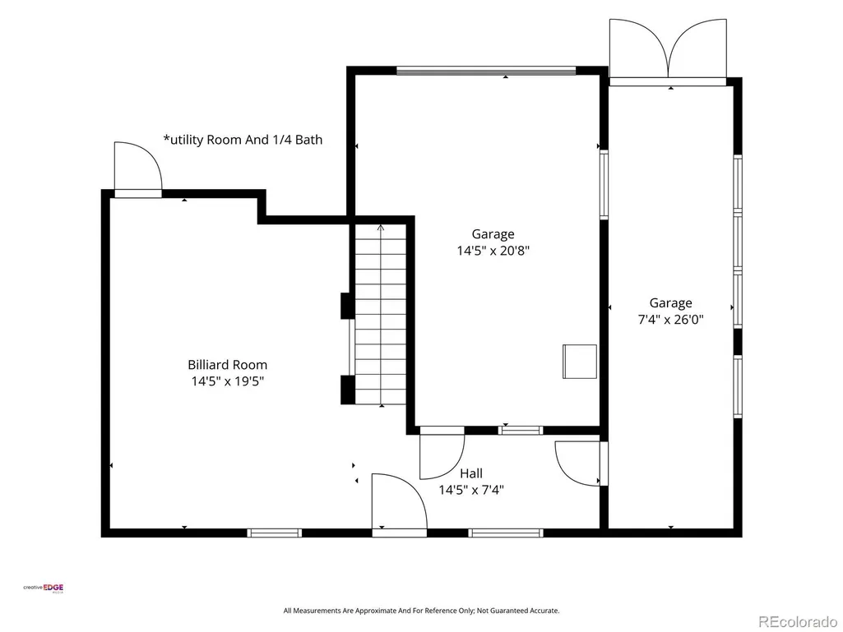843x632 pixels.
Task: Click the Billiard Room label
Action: tap(228, 365)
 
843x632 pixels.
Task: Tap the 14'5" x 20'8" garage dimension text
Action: tap(493, 251)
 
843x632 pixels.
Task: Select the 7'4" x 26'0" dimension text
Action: tap(670, 319)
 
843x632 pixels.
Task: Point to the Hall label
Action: tap(471, 473)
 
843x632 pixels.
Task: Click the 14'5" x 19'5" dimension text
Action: tap(228, 381)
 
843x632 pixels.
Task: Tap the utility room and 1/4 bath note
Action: tap(243, 140)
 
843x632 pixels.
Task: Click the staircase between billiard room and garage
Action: tap(381, 315)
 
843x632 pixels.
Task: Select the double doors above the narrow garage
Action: tap(668, 49)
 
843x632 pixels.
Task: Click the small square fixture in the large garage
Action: tap(580, 362)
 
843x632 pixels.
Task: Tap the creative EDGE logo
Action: tap(43, 588)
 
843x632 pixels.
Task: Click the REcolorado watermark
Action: tap(798, 622)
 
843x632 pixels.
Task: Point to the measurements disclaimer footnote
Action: tap(421, 611)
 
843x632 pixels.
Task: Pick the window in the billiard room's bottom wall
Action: tap(274, 533)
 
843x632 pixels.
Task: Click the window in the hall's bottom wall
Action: tap(505, 533)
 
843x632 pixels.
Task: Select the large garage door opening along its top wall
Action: tap(486, 71)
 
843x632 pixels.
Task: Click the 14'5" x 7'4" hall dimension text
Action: tap(471, 490)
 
